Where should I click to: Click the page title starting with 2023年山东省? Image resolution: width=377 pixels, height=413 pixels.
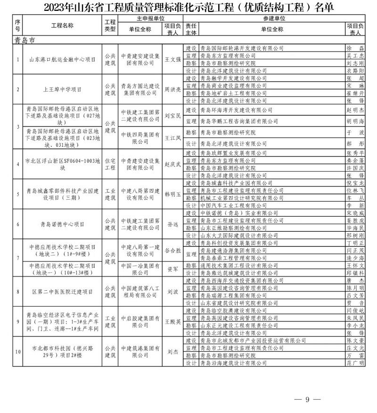tap(188, 7)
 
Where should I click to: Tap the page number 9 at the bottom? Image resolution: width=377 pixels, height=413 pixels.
tap(307, 399)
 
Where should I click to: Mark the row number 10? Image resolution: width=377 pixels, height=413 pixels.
tap(17, 351)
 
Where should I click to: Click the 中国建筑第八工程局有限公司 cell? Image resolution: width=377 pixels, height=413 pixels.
tap(139, 291)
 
